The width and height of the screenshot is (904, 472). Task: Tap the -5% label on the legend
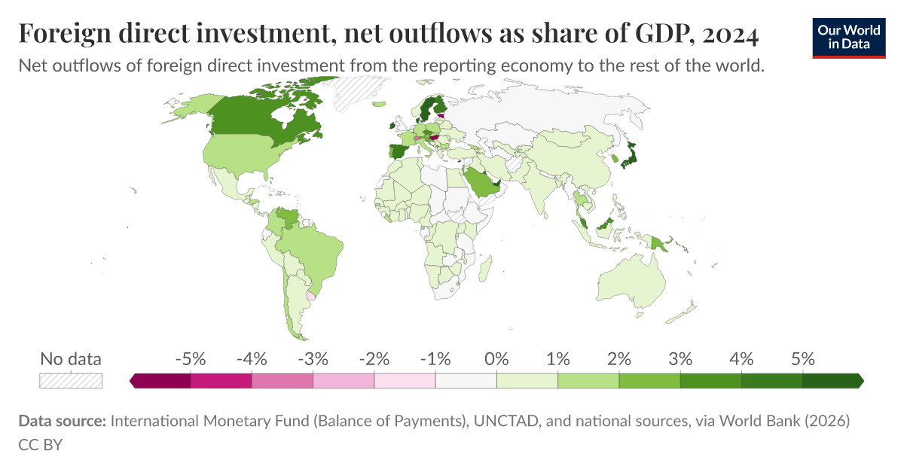click(x=191, y=359)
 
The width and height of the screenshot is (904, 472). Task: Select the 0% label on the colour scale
click(x=496, y=359)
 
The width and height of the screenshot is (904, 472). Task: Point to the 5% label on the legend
click(x=803, y=359)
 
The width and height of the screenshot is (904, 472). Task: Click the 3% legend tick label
click(x=680, y=359)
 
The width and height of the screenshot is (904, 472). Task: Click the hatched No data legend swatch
click(x=71, y=381)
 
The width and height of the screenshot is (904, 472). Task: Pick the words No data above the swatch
click(x=71, y=359)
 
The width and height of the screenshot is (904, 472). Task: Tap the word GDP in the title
click(x=652, y=34)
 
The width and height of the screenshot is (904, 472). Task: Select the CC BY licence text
click(x=40, y=444)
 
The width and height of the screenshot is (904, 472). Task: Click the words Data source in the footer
click(x=62, y=422)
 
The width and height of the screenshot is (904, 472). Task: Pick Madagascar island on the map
click(x=487, y=267)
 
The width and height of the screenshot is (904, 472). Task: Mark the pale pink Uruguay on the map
click(x=311, y=296)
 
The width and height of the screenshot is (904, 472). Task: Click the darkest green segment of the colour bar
click(x=832, y=381)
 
